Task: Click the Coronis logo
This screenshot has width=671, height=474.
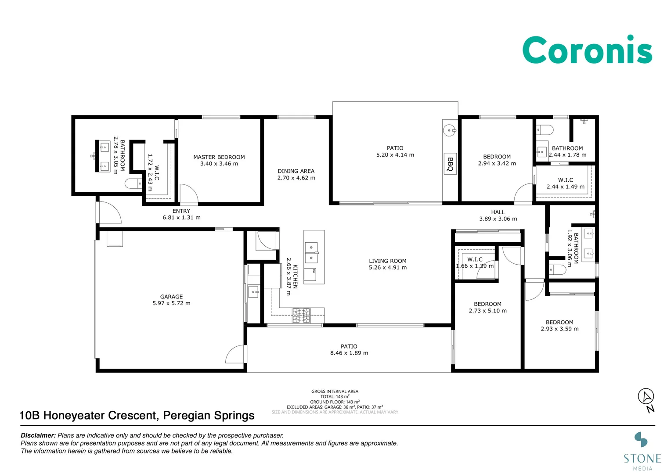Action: pyautogui.click(x=587, y=50)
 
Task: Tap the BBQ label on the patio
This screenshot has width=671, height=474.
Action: pyautogui.click(x=450, y=164)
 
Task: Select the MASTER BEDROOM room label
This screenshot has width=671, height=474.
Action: pyautogui.click(x=219, y=157)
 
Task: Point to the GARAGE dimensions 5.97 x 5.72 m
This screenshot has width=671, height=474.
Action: pyautogui.click(x=171, y=303)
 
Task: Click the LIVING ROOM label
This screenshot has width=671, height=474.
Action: pyautogui.click(x=388, y=261)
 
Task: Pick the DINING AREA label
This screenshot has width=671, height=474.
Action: pyautogui.click(x=296, y=171)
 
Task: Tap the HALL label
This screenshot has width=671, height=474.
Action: pyautogui.click(x=498, y=212)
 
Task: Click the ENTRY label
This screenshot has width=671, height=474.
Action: pyautogui.click(x=181, y=211)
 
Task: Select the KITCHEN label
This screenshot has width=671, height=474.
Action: pyautogui.click(x=296, y=276)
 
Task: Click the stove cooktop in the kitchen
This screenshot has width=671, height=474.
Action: pyautogui.click(x=301, y=315)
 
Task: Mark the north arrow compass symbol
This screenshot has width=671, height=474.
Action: pyautogui.click(x=646, y=400)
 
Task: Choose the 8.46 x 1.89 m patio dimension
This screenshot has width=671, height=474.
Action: pyautogui.click(x=349, y=353)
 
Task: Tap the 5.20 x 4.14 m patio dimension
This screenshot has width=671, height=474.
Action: pyautogui.click(x=395, y=155)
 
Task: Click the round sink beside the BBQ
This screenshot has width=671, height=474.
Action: pyautogui.click(x=449, y=130)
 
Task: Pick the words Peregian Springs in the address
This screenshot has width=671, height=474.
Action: pyautogui.click(x=209, y=415)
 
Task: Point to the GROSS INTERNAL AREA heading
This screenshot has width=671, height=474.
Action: pyautogui.click(x=335, y=391)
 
